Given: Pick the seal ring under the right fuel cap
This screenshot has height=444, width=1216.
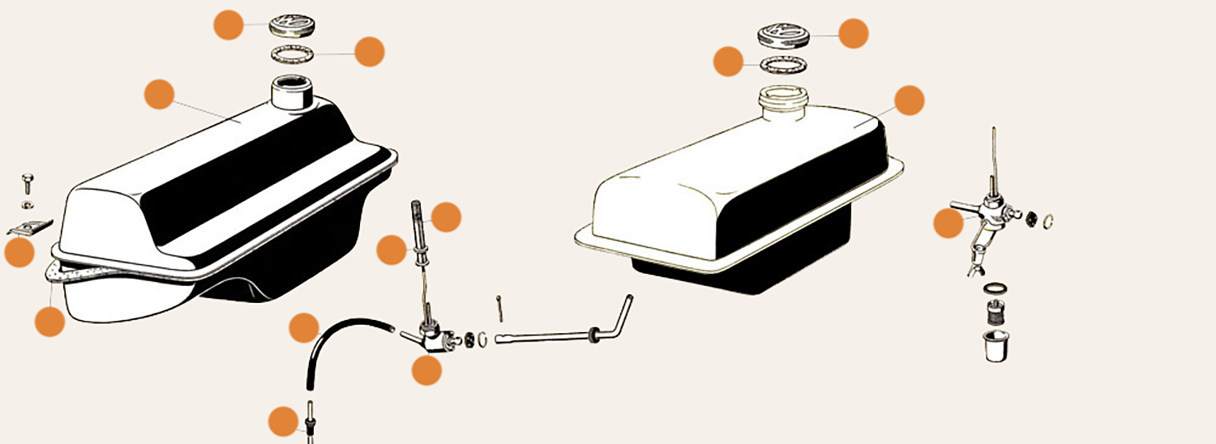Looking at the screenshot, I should pos(783,65).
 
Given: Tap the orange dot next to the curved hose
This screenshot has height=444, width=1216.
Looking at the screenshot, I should pos(304,327).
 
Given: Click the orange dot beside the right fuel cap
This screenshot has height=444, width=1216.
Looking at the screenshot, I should pos(853,33).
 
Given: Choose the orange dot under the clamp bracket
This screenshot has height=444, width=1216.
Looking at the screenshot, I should pos(19,253).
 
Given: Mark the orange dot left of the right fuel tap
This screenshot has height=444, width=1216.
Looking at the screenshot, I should pos(948,223).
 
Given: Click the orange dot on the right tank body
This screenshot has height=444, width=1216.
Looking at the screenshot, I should pos(909,100).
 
